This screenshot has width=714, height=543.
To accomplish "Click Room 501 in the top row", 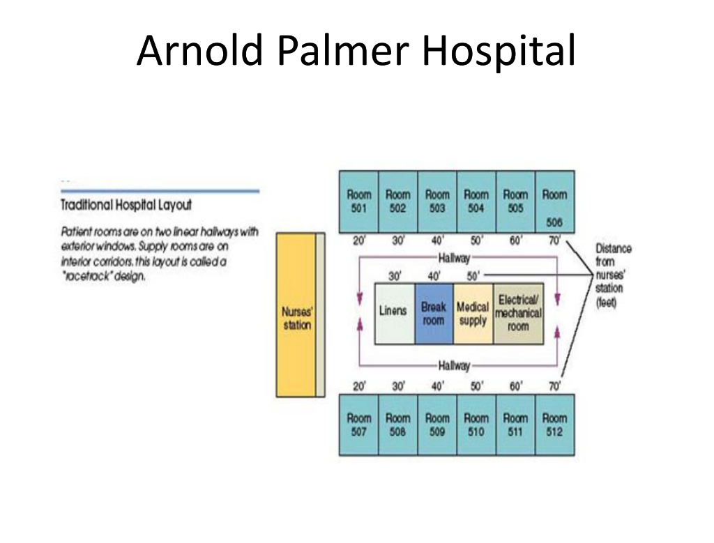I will point(359,201).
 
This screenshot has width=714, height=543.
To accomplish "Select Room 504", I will point(476,201).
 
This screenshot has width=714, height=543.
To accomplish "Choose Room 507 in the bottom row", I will point(359,425).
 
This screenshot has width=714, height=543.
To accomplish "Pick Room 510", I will point(476,425).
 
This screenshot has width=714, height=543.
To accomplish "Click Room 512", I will point(555,425).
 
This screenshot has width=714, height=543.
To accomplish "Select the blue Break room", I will point(434,314).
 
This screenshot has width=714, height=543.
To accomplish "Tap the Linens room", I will point(393,314).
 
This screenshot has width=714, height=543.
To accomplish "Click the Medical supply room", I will point(473,314).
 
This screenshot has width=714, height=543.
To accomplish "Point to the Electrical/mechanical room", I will point(518,314).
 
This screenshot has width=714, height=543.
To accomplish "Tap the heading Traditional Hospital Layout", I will point(126,205).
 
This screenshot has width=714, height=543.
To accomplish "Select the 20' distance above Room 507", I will point(358,387).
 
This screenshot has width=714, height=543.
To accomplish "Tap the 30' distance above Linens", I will point(395,276).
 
